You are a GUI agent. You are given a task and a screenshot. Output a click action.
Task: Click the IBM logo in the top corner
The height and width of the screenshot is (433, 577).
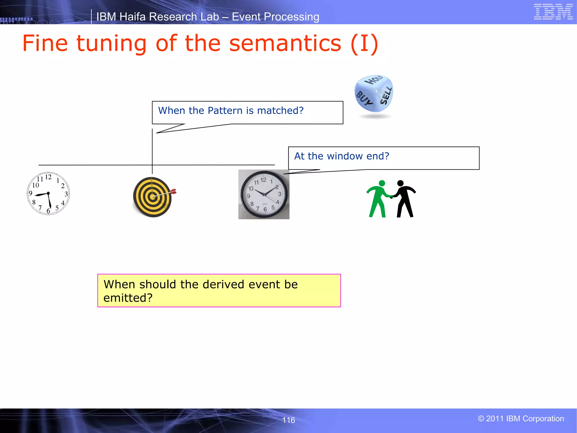553,12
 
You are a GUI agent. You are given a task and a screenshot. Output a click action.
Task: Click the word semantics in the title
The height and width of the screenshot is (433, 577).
285,43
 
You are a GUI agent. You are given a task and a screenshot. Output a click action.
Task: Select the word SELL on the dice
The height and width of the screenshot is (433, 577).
386,96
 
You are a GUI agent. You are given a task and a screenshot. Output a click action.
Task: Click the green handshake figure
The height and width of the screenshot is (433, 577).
379,199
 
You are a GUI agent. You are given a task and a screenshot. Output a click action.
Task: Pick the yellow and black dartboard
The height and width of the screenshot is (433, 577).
152,197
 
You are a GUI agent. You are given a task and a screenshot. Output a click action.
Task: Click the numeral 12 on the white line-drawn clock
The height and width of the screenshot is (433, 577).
48,177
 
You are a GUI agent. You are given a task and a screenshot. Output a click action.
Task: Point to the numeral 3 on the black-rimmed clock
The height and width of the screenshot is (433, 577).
279,194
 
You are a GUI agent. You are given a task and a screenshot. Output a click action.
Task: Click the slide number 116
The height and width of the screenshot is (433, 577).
288,420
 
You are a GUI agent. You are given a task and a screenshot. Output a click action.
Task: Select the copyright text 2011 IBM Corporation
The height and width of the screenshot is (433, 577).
521,419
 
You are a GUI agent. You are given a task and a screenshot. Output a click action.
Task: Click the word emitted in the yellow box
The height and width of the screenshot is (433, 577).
128,298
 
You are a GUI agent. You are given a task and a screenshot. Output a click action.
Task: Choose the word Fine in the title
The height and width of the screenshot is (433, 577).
45,43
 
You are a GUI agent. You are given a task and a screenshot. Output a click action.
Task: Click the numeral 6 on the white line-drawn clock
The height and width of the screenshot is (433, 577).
48,211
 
